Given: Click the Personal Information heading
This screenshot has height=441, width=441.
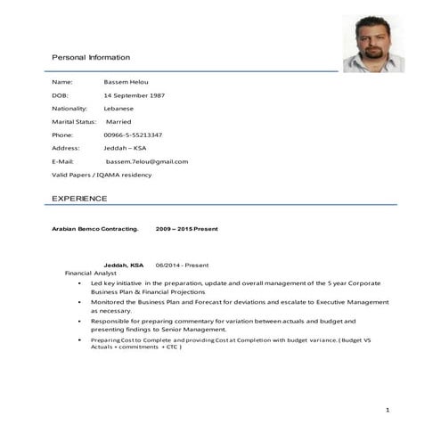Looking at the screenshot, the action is (x=91, y=57).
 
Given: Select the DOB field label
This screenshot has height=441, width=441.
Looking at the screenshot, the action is (x=60, y=94).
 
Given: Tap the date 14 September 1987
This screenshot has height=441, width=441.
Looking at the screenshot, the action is (x=134, y=94).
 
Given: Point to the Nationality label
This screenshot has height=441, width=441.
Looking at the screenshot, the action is (x=70, y=108).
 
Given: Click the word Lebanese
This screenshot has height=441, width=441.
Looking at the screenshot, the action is (x=119, y=108).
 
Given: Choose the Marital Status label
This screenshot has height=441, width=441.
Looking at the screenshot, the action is (x=74, y=121).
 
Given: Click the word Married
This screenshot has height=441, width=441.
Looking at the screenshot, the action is (x=121, y=121).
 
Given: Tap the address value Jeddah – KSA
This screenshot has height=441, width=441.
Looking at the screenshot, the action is (x=125, y=148).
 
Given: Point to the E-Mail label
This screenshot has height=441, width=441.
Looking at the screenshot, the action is (x=63, y=161).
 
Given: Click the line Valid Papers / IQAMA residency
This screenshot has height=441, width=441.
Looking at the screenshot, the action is (x=102, y=175).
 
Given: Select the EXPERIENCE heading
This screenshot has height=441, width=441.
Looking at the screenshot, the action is (x=79, y=197).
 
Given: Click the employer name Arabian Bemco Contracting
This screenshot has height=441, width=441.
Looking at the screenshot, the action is (x=95, y=229).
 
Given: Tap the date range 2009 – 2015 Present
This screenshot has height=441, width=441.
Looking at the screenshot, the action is (x=187, y=229).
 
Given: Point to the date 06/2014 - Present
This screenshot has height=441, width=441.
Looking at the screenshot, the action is (x=182, y=265).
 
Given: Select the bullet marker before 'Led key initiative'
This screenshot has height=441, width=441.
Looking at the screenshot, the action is (x=82, y=282).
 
